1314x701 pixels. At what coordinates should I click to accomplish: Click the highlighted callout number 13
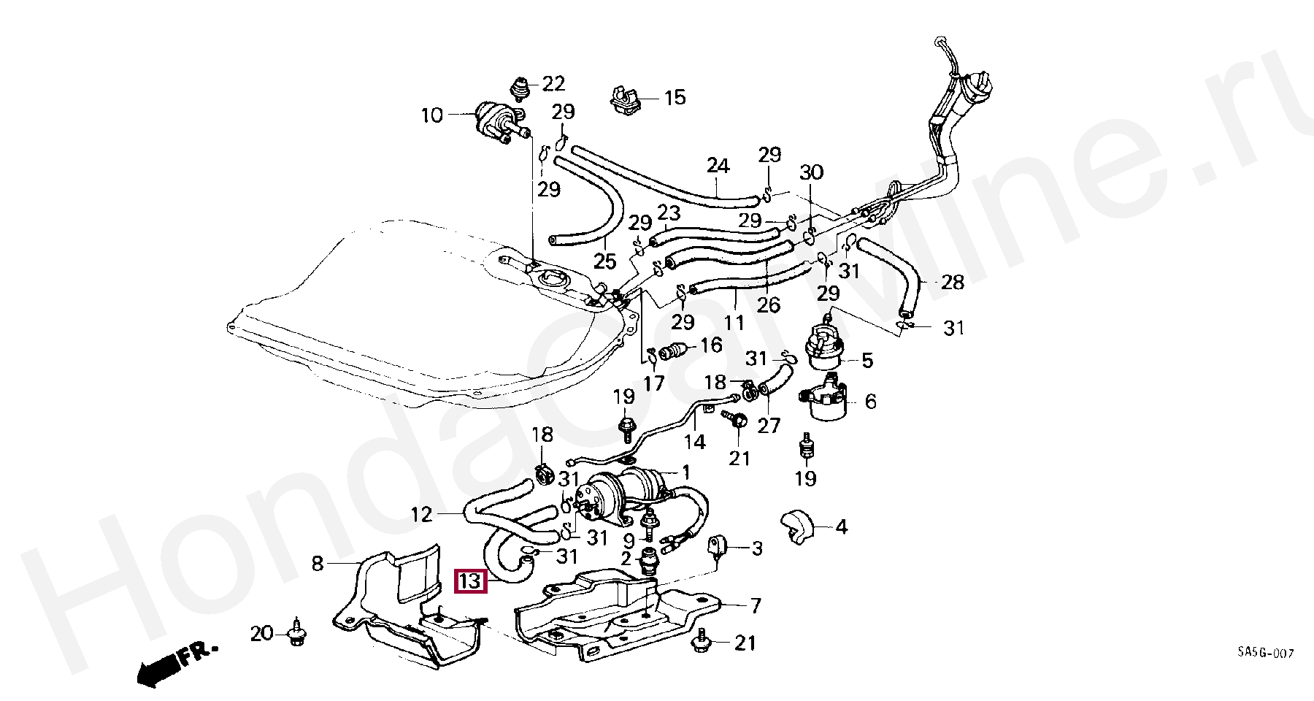pyautogui.click(x=471, y=581)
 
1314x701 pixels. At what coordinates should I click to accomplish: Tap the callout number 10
pyautogui.click(x=431, y=115)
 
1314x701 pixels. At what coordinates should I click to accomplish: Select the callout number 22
pyautogui.click(x=553, y=84)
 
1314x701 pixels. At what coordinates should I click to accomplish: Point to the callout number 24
pyautogui.click(x=718, y=166)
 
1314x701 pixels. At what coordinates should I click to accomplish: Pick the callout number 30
pyautogui.click(x=811, y=173)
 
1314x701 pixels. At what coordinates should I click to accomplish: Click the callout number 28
pyautogui.click(x=953, y=282)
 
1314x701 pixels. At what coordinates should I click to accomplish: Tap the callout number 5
pyautogui.click(x=867, y=360)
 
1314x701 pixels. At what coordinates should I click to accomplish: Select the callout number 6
pyautogui.click(x=870, y=401)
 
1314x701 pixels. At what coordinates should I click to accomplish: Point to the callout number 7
pyautogui.click(x=756, y=605)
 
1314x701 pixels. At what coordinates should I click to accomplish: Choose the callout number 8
pyautogui.click(x=317, y=563)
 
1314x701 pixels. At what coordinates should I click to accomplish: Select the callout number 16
pyautogui.click(x=711, y=345)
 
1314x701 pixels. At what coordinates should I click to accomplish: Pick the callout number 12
pyautogui.click(x=422, y=515)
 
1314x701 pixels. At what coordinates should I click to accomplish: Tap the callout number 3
pyautogui.click(x=756, y=548)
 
